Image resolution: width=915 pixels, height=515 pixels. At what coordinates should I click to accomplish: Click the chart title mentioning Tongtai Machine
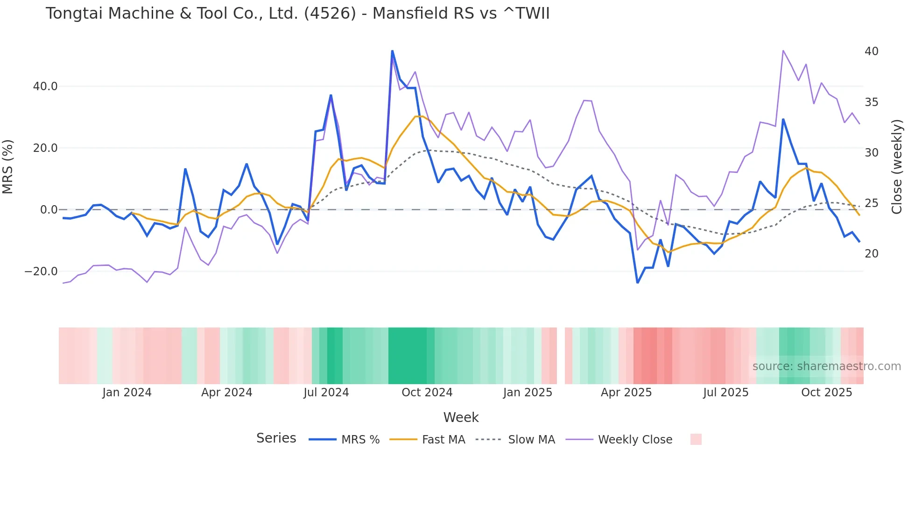(x=297, y=14)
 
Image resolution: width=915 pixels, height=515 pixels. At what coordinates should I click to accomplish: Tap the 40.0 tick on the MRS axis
(x=45, y=86)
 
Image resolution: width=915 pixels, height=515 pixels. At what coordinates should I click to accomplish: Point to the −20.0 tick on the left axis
(x=41, y=272)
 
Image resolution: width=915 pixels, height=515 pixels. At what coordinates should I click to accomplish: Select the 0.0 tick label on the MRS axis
(x=49, y=210)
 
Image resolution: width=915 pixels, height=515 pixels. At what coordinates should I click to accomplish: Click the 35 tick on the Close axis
(x=871, y=102)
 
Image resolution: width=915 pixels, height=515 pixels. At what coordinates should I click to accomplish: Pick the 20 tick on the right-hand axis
(x=871, y=254)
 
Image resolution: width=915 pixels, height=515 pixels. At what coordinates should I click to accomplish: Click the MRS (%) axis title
(x=8, y=166)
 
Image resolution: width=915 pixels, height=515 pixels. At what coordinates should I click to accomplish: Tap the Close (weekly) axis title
(x=896, y=166)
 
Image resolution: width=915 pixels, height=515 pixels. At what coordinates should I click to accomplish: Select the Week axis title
(x=461, y=417)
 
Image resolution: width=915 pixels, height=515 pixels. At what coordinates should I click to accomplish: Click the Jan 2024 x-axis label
(x=127, y=393)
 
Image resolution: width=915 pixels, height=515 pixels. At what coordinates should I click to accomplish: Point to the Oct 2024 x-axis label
(x=427, y=393)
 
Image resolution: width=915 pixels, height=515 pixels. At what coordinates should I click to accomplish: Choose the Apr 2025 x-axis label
(x=626, y=393)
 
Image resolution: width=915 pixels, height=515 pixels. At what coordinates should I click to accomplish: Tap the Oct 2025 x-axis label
(x=826, y=393)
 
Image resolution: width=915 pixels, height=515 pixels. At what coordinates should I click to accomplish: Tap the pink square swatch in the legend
(x=696, y=439)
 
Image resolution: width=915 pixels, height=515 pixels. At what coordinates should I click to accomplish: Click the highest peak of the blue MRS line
(x=392, y=51)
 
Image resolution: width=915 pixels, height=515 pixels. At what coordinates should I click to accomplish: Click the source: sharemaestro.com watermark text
(x=826, y=366)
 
